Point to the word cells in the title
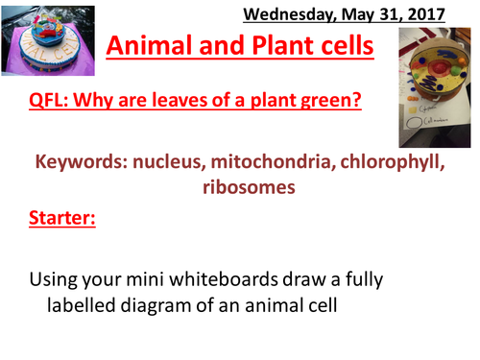pos(346,47)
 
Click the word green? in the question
pos(331,100)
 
